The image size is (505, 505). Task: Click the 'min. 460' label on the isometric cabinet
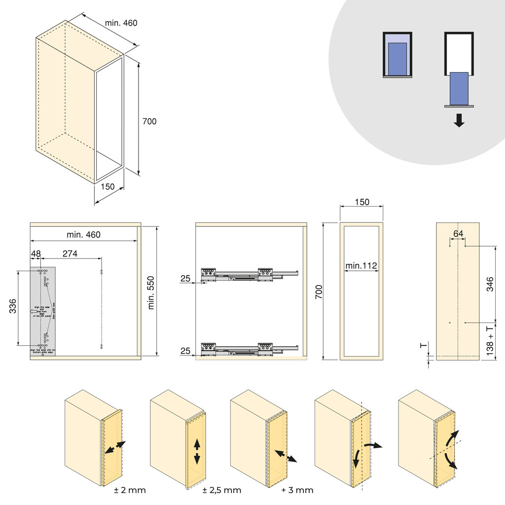tap(121, 23)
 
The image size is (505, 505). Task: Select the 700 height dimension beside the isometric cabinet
tap(149, 121)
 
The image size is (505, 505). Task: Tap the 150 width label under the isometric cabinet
tap(107, 186)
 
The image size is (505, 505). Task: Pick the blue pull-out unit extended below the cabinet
tap(459, 88)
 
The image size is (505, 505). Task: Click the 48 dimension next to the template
tap(36, 253)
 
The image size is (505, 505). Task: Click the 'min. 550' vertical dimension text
tap(151, 292)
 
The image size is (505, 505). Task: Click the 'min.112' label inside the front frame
tap(361, 266)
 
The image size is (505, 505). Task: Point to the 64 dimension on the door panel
tap(458, 234)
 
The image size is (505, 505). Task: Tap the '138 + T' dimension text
tap(489, 341)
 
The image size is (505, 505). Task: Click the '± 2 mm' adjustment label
tap(130, 490)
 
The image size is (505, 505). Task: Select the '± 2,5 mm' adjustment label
tap(222, 490)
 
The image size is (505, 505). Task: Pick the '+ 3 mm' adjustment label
tap(297, 490)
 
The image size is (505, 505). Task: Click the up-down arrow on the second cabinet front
tap(197, 451)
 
